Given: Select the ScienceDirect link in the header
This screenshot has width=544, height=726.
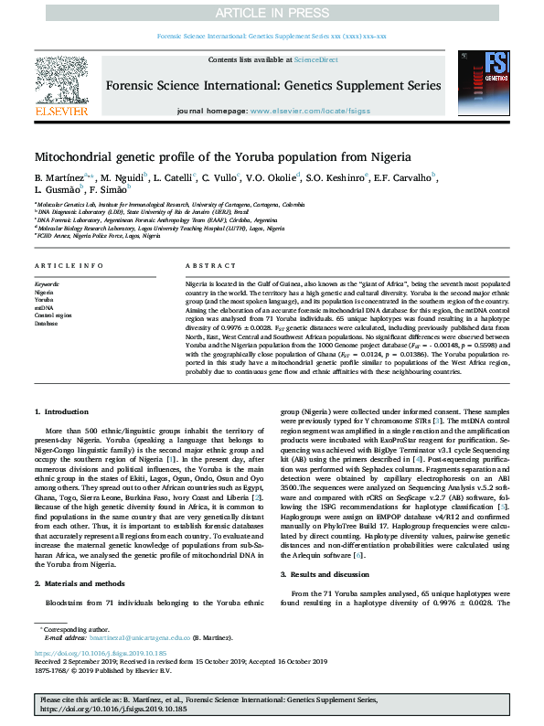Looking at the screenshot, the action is (316, 59).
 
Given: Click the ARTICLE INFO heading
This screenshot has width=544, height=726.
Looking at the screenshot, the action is (67, 265).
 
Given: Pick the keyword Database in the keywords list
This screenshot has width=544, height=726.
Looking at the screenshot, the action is (46, 324).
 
